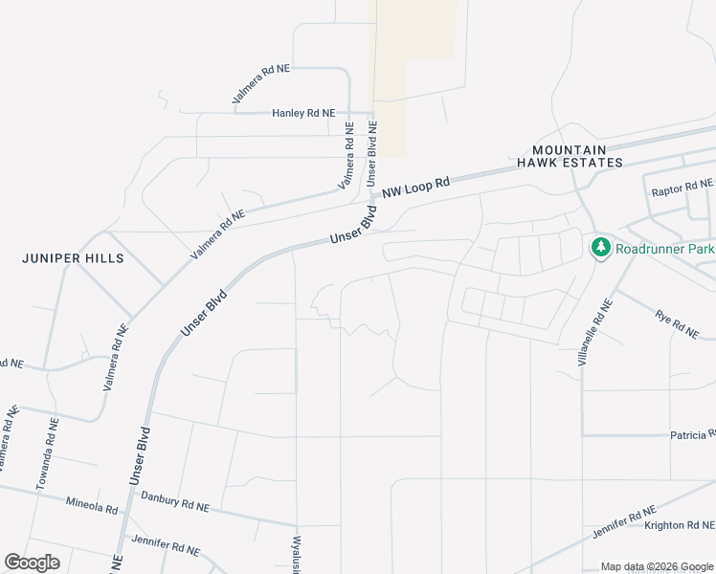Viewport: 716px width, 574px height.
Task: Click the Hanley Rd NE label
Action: click(303, 113)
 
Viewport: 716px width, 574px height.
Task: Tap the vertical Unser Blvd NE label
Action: click(373, 154)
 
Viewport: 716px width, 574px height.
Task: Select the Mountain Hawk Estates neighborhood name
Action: click(570, 157)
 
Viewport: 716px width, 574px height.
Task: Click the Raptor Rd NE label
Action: click(682, 188)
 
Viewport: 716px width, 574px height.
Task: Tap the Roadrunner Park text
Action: click(664, 249)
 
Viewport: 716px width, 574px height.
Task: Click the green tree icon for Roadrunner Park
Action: click(601, 248)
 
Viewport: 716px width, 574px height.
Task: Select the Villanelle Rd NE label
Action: click(593, 332)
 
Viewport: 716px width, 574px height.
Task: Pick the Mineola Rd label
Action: click(91, 503)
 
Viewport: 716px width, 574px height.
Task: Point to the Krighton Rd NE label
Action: click(679, 525)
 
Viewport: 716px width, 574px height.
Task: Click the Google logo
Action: click(33, 563)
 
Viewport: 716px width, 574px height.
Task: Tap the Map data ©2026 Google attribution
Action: click(657, 566)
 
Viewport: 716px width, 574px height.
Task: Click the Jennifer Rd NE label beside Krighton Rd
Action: click(623, 522)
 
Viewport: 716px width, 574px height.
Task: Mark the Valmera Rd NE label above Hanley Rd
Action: click(260, 84)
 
